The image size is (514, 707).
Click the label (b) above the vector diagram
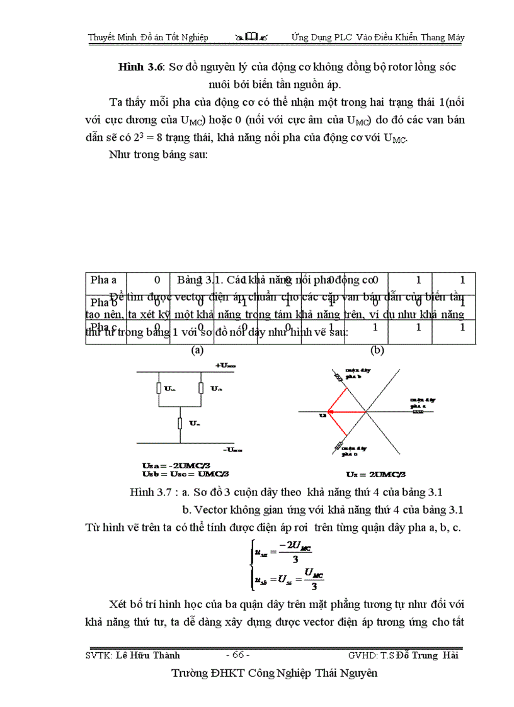(377, 349)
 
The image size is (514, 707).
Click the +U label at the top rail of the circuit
(226, 365)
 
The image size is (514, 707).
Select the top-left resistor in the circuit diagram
(159, 389)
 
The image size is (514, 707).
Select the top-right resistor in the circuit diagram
(200, 389)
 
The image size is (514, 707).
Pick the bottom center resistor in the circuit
(180, 423)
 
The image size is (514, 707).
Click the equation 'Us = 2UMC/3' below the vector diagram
(376, 474)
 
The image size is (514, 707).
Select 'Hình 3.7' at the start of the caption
(149, 491)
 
